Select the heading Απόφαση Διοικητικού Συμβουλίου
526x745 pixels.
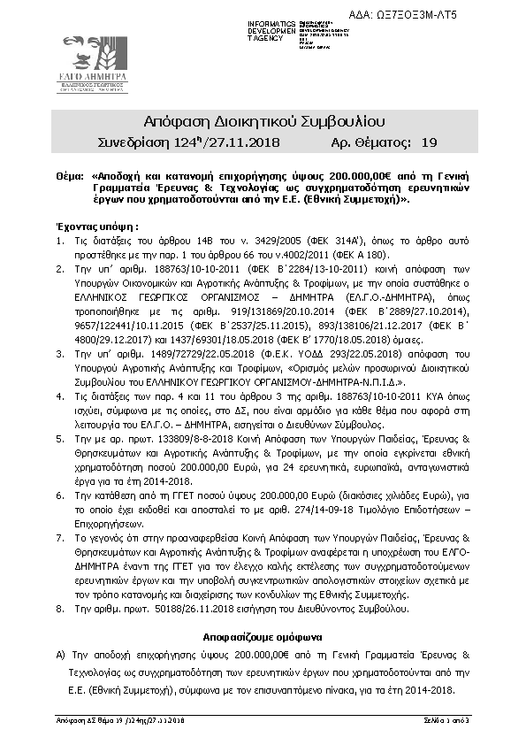(x=263, y=121)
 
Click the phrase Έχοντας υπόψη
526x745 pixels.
(x=87, y=226)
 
